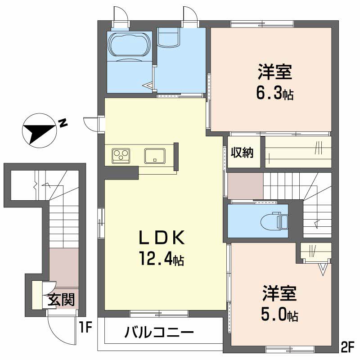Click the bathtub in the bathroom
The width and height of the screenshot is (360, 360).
tap(130, 45)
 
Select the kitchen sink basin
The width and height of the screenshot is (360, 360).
tap(155, 156)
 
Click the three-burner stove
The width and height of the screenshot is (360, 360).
tap(121, 156)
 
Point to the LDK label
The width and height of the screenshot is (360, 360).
tap(162, 238)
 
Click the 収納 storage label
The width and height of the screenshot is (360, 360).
tap(242, 152)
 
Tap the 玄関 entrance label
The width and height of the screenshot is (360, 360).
tap(61, 300)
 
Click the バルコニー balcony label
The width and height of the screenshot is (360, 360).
tap(159, 332)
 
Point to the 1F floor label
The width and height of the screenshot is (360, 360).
tap(85, 327)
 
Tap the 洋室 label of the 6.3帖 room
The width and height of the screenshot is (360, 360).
tap(274, 72)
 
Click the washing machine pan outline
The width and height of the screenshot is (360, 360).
tap(168, 37)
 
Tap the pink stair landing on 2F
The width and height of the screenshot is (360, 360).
tap(245, 186)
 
